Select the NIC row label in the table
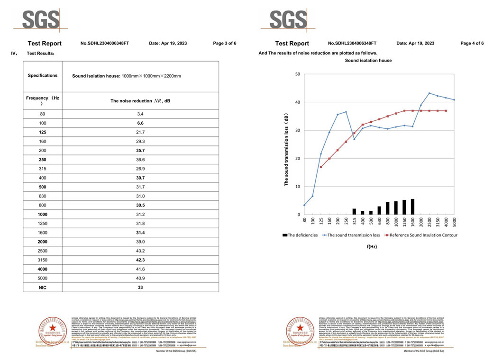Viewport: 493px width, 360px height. (42, 287)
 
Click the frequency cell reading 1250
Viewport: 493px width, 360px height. (42, 224)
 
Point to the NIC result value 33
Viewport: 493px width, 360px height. (140, 287)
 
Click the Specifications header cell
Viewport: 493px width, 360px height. (42, 76)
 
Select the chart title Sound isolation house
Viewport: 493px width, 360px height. (368, 61)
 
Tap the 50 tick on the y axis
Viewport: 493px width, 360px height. (297, 74)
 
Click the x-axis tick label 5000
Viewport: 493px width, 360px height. (455, 222)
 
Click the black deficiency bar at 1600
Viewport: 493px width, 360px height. (412, 207)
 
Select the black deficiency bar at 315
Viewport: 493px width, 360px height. (354, 211)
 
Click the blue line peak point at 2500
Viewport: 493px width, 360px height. (429, 93)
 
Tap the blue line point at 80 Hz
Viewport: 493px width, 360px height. (304, 205)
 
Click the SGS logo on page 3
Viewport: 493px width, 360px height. (41, 19)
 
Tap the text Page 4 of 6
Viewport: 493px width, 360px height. (472, 44)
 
